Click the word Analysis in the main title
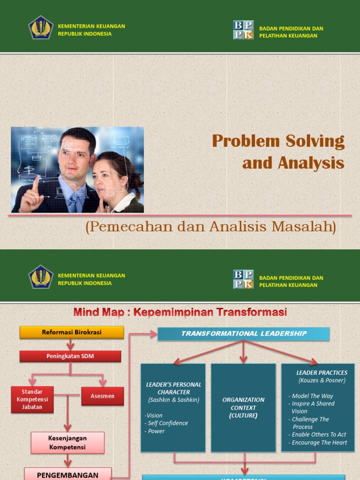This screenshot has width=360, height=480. [x=311, y=163]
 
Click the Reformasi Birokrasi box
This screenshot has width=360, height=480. [x=72, y=332]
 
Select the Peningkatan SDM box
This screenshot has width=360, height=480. [x=70, y=356]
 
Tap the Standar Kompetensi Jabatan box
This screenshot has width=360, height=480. [x=32, y=399]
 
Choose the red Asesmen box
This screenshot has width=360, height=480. [x=102, y=396]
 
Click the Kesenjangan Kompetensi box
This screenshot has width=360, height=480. [x=67, y=442]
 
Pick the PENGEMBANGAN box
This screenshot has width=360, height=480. [x=67, y=474]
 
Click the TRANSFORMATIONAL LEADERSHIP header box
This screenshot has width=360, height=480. [x=243, y=334]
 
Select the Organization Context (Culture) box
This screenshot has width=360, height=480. [x=243, y=407]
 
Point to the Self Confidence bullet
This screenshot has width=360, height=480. [x=167, y=423]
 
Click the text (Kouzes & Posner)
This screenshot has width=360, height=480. [x=322, y=381]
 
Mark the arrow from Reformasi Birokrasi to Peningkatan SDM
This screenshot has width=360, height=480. [x=70, y=345]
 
